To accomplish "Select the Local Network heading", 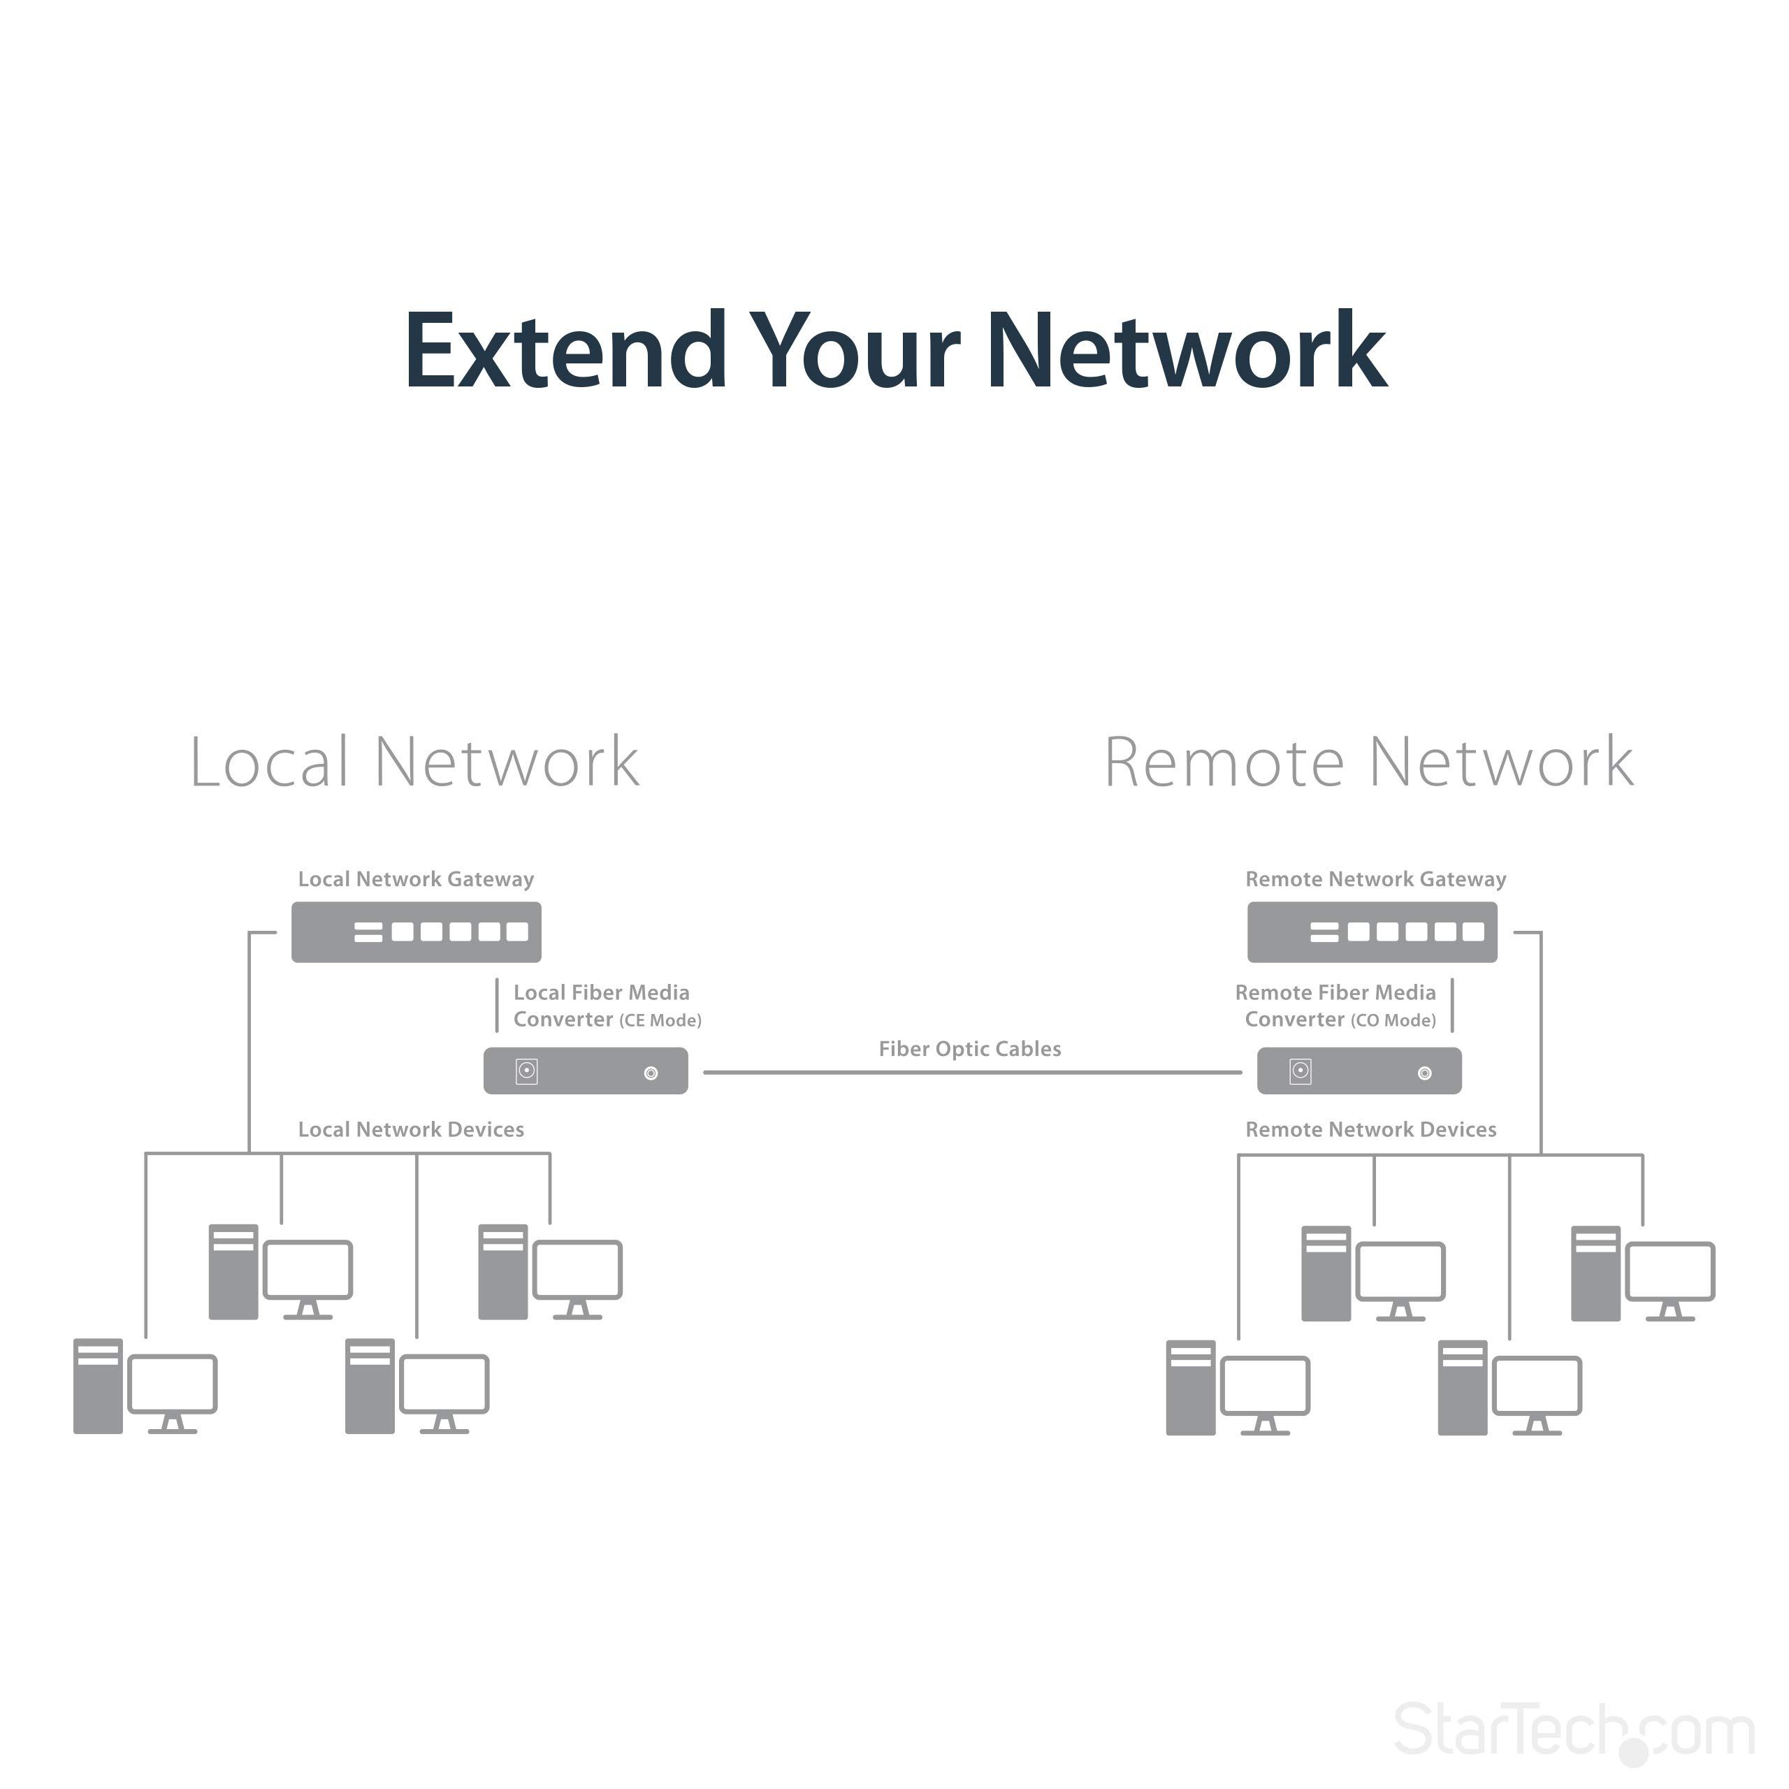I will point(414,763).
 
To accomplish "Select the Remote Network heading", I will point(1368,763).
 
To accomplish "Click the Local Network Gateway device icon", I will point(416,932).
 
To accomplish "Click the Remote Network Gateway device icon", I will point(1371,932).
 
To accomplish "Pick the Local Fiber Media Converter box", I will point(585,1071).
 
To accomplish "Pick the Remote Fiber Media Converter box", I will point(1359,1071).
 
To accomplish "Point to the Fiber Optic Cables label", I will point(969,1049).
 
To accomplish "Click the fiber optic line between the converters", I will point(972,1072).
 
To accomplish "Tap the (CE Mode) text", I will point(660,1020).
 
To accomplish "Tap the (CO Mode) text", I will point(1393,1020).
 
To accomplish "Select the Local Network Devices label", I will point(410,1130).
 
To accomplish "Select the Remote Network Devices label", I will point(1370,1130).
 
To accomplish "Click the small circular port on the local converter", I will point(651,1073).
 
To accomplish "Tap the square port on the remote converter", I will point(1300,1071).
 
